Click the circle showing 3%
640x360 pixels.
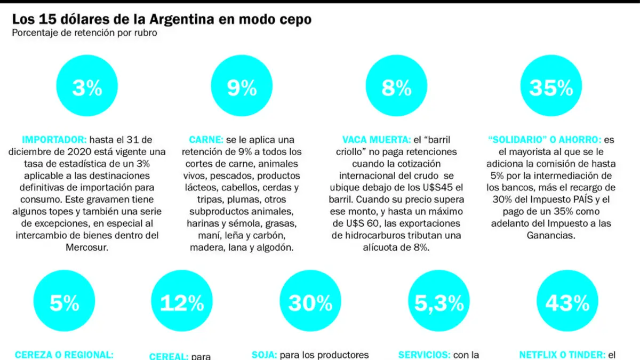87,86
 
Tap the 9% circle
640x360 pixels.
242,86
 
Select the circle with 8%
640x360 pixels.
396,86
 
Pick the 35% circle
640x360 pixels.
551,86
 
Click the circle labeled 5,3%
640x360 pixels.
438,301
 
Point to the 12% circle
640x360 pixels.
182,301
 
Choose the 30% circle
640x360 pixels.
310,301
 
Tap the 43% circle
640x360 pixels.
567,301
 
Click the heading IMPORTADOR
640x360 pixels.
54,140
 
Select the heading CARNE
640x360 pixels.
206,140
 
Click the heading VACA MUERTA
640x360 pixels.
377,140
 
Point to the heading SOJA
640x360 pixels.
265,355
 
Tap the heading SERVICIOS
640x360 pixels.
425,355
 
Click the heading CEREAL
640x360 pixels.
169,356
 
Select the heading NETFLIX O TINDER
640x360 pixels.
562,355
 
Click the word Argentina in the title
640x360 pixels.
182,19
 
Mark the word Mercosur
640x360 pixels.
87,247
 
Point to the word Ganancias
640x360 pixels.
551,235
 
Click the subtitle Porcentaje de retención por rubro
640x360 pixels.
85,33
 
